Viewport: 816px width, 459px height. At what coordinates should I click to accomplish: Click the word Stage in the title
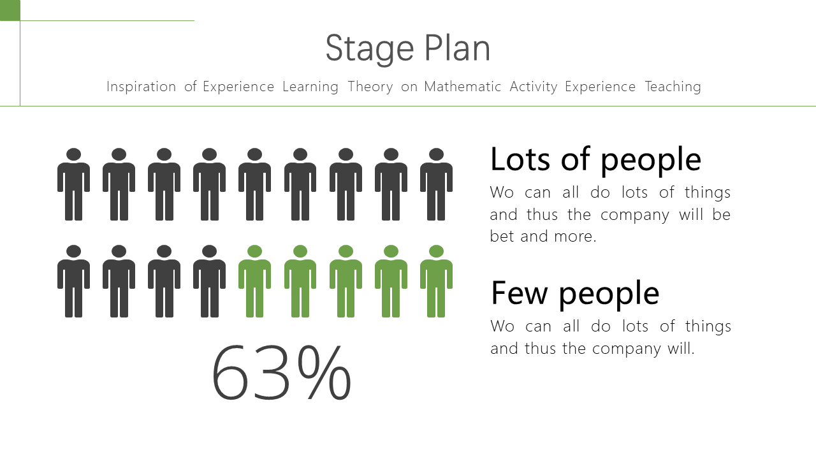[x=369, y=49]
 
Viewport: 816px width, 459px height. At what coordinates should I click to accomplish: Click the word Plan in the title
[x=458, y=47]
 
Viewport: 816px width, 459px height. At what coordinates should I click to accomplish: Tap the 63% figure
[x=281, y=372]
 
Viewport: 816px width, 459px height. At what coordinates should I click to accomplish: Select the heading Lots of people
[x=595, y=159]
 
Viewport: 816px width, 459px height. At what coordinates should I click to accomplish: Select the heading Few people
[x=575, y=293]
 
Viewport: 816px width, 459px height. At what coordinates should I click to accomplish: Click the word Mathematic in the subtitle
[x=462, y=87]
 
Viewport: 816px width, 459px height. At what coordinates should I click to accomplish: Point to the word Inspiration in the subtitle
[x=142, y=87]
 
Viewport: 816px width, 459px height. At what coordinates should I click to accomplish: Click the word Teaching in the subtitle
[x=673, y=87]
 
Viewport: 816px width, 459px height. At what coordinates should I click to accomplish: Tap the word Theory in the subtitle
[x=370, y=87]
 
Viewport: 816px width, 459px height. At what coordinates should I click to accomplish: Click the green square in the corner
[x=10, y=10]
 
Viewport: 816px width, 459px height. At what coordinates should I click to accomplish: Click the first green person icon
[x=254, y=281]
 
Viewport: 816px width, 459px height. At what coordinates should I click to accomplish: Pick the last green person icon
[x=437, y=281]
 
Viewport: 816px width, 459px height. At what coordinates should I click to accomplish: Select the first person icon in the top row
[x=73, y=184]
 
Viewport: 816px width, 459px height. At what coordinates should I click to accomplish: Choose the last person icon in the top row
[x=437, y=184]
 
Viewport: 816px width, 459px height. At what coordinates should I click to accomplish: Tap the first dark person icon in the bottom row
[x=73, y=281]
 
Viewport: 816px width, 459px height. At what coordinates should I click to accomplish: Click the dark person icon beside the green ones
[x=210, y=281]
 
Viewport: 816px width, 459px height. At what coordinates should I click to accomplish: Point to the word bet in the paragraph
[x=502, y=236]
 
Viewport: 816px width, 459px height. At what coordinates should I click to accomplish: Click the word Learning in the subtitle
[x=310, y=87]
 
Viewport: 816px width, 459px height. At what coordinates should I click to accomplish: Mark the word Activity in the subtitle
[x=534, y=87]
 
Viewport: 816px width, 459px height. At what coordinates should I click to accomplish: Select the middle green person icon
[x=346, y=281]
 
